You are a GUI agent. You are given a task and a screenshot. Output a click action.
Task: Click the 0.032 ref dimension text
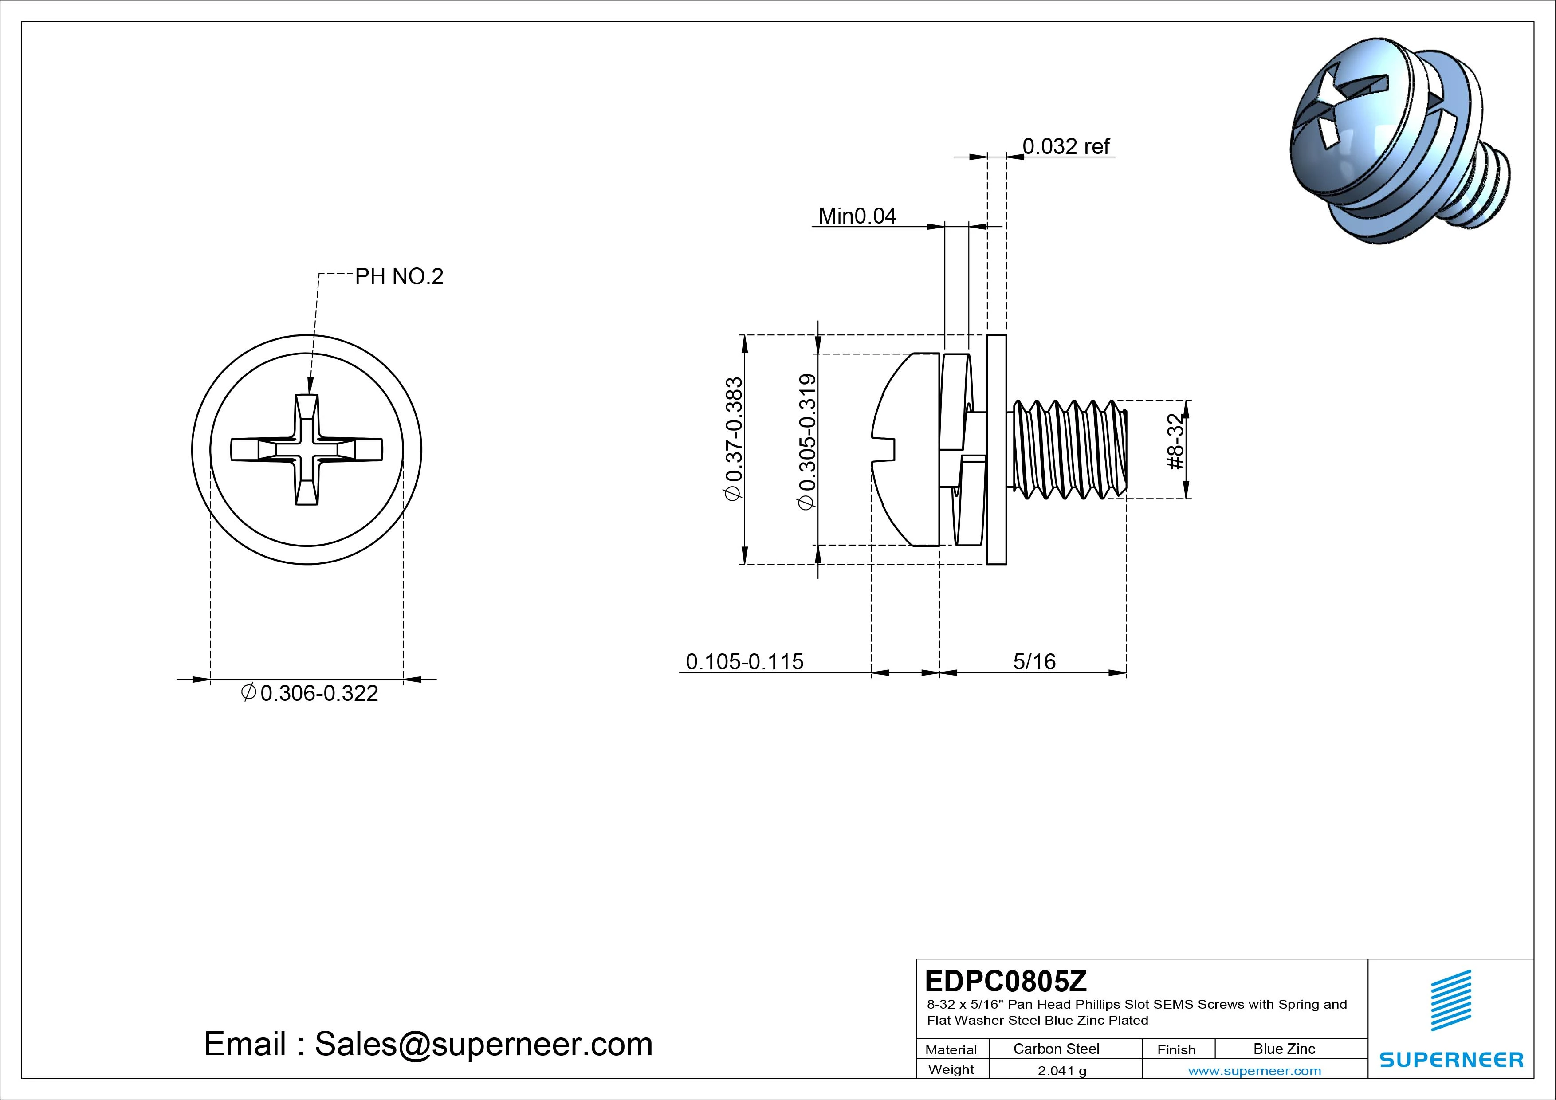(x=1065, y=146)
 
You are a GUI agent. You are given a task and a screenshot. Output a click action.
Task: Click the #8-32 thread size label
(x=1176, y=441)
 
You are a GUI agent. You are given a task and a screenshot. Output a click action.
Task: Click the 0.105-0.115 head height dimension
(x=744, y=661)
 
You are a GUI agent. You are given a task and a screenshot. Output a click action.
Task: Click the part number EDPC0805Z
(x=1006, y=980)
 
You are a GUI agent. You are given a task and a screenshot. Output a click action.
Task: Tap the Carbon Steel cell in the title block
(x=1056, y=1049)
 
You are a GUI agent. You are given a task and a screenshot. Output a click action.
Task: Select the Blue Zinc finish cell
(x=1284, y=1049)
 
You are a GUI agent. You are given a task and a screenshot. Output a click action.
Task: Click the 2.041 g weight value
(x=1061, y=1071)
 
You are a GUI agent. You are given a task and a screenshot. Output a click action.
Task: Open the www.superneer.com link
(x=1254, y=1071)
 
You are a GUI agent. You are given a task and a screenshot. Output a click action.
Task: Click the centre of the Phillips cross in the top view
(x=306, y=450)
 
